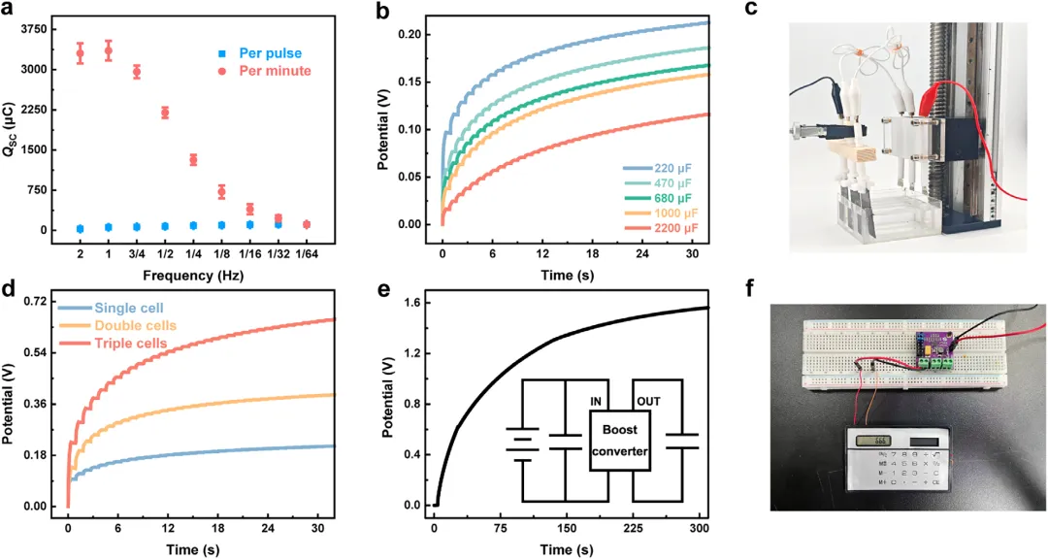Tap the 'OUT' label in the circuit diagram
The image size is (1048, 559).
point(649,400)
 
